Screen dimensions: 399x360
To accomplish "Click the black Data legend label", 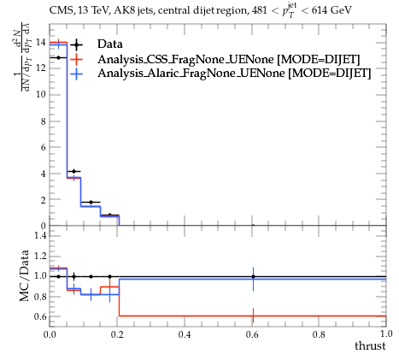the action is [x=110, y=44].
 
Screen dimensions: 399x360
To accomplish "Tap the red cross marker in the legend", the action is [x=76, y=59].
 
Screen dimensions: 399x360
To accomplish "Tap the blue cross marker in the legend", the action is [x=76, y=74].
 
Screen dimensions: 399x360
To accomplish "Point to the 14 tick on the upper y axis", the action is [x=41, y=43].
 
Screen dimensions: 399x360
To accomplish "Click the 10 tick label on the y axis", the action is [x=41, y=95].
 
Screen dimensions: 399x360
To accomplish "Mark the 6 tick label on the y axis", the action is [x=43, y=147].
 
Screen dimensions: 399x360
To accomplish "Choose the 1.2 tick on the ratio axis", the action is [x=40, y=256].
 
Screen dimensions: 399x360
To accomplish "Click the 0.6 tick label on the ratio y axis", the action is [x=40, y=316].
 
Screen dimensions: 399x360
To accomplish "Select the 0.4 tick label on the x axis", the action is [x=185, y=334].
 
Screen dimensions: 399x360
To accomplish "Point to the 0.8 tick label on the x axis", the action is [x=319, y=334].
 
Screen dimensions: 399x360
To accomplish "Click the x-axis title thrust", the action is [x=370, y=346].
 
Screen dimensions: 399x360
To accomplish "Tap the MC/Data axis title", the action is [x=25, y=275].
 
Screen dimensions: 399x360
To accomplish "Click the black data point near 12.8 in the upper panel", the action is [x=58, y=58].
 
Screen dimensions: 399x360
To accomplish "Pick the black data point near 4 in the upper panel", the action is [x=74, y=171].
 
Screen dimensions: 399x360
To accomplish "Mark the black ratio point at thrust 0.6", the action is [x=253, y=276].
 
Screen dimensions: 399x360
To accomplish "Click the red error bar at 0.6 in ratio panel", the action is [x=253, y=316].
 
